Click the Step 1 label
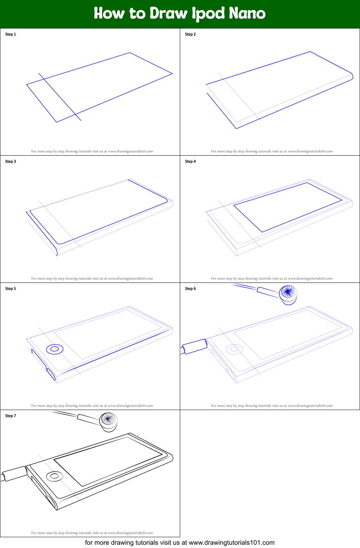(10, 34)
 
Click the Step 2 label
(190, 34)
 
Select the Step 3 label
(10, 161)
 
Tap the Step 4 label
(190, 161)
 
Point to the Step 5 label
(10, 289)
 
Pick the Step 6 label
(190, 289)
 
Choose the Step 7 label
(10, 416)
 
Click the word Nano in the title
(247, 13)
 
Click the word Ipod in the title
(208, 14)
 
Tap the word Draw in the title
(169, 13)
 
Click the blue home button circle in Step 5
(55, 349)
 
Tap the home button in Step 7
(54, 476)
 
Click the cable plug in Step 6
(195, 346)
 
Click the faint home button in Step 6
(234, 349)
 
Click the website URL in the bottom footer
(231, 543)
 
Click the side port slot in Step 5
(51, 374)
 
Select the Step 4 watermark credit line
(272, 279)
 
